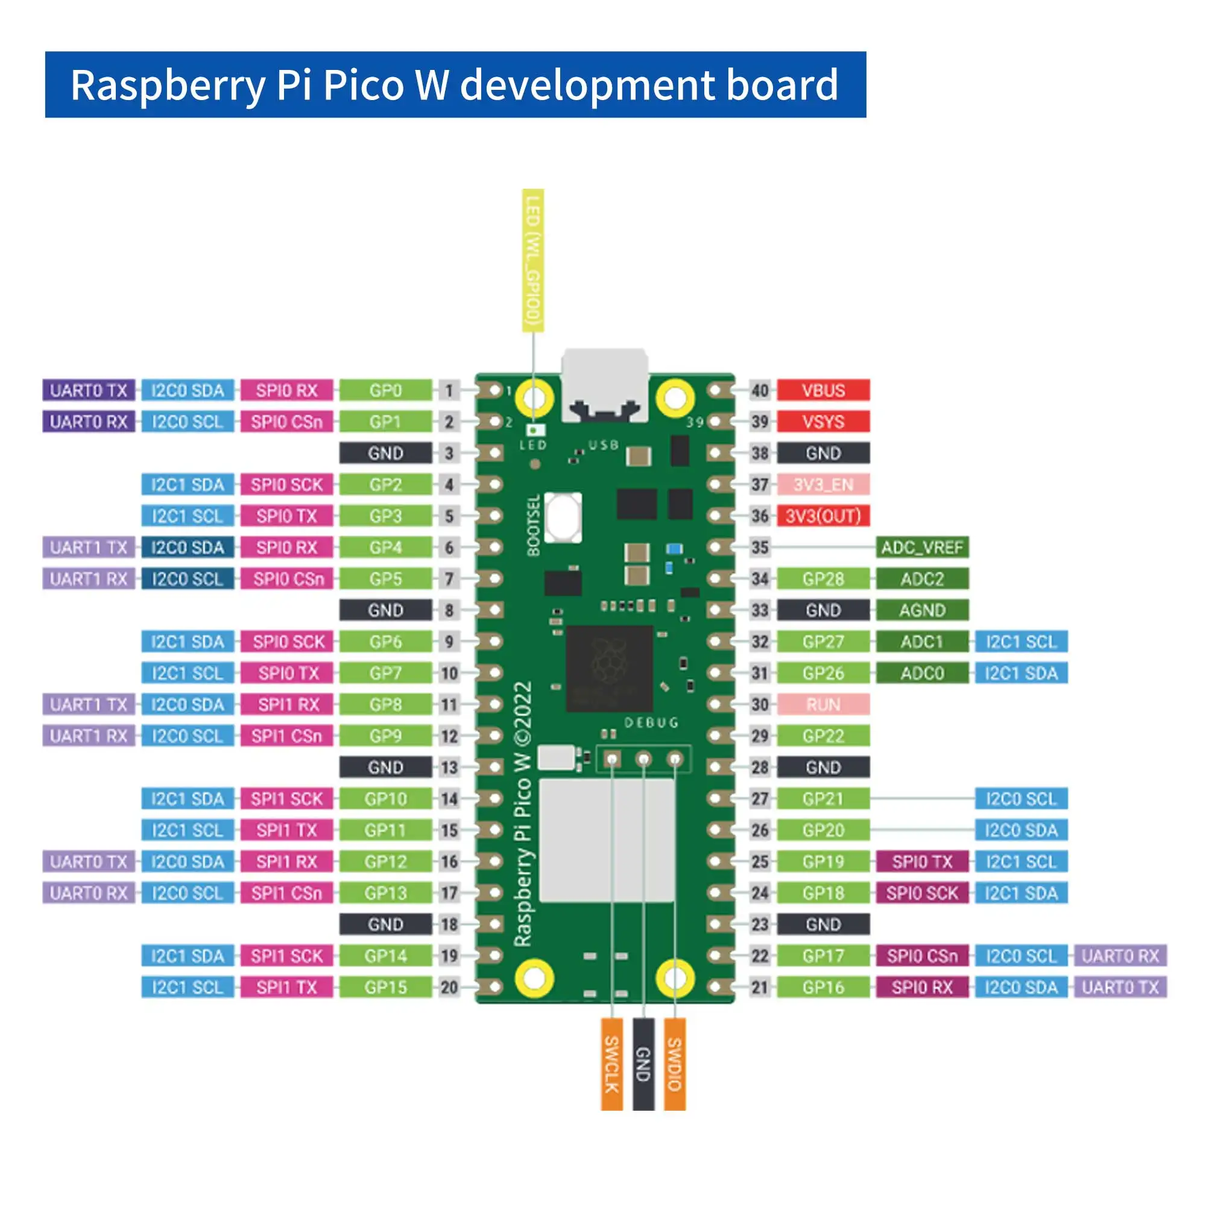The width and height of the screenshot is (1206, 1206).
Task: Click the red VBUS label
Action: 822,390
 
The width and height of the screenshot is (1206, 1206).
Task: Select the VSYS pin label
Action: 822,422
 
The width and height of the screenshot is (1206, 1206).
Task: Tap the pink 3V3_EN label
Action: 822,484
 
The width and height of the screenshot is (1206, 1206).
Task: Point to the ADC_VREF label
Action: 922,548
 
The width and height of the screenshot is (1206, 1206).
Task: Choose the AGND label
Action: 922,610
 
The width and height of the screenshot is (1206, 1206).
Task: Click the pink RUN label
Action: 822,704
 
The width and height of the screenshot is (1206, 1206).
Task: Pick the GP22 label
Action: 822,736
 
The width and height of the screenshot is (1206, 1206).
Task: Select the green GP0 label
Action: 385,390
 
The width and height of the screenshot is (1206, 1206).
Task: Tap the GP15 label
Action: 385,987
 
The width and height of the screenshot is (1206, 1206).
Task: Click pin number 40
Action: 760,390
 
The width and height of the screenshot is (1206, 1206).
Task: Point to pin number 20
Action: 449,987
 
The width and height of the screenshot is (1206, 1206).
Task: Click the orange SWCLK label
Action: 611,1064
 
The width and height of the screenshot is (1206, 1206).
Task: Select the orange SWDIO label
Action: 675,1064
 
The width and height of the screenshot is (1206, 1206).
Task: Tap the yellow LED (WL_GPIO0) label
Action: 533,260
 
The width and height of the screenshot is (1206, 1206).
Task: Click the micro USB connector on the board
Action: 604,384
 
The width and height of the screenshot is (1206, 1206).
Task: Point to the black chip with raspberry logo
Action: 609,668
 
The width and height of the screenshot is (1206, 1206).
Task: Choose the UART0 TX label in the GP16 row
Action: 1120,987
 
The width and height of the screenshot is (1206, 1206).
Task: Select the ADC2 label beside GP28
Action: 922,579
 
